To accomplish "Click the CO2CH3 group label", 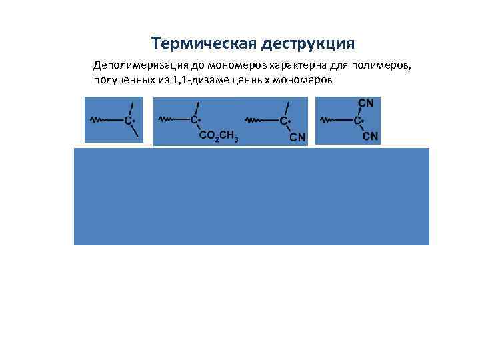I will (x=219, y=137).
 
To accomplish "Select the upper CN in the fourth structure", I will (x=366, y=103).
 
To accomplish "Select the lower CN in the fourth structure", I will (x=370, y=137).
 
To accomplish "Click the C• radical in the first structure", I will (x=131, y=121).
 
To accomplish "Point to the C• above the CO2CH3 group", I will (x=196, y=120).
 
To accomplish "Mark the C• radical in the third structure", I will (x=285, y=121).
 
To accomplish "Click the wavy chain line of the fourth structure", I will (x=329, y=120).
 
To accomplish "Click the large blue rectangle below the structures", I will (x=251, y=197).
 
